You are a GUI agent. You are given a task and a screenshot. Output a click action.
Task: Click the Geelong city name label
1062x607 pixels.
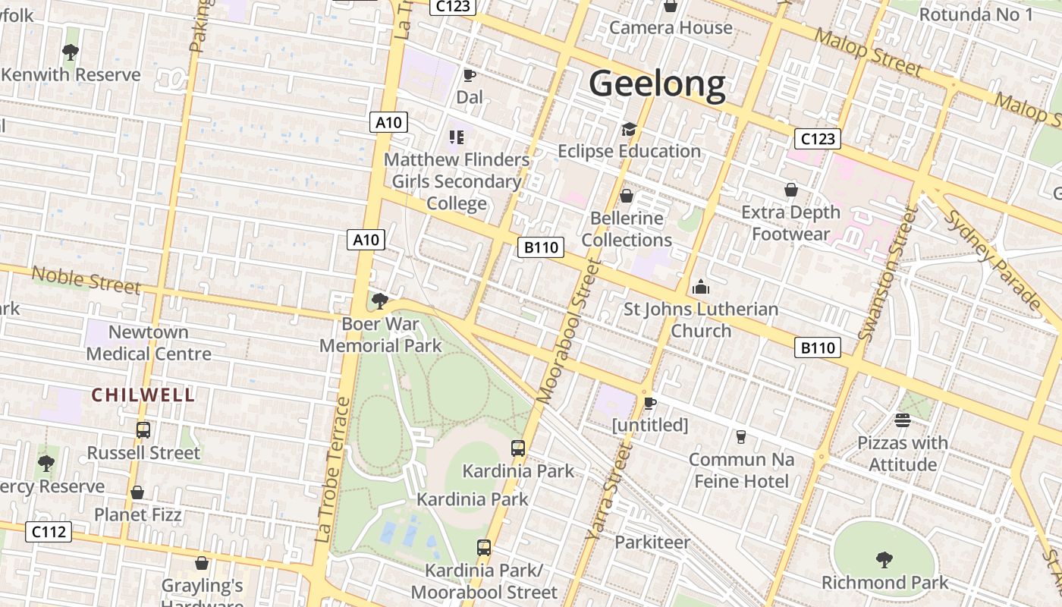(x=657, y=83)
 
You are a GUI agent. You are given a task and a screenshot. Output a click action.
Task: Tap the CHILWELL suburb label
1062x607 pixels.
(x=143, y=395)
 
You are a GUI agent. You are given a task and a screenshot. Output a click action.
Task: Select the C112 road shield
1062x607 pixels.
(x=49, y=532)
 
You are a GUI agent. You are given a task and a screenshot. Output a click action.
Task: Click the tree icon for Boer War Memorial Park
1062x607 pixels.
(x=380, y=301)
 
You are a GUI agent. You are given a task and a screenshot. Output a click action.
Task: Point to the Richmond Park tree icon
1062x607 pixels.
(x=884, y=560)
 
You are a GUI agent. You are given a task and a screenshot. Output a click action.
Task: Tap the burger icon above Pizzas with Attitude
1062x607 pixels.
(x=902, y=420)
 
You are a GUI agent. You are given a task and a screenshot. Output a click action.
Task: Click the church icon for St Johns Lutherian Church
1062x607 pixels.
(x=701, y=287)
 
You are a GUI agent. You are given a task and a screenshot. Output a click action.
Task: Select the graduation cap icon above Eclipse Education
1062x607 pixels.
(x=629, y=129)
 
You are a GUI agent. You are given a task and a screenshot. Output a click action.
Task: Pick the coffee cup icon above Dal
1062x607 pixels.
(x=470, y=75)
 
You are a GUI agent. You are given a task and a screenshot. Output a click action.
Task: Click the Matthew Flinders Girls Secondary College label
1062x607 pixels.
(x=457, y=181)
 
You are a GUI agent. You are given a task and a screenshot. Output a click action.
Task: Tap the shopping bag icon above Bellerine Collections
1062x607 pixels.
(x=627, y=197)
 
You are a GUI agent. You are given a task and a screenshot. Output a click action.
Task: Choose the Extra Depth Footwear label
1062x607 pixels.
(x=791, y=222)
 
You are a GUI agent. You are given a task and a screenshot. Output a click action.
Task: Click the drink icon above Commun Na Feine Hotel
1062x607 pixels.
(x=741, y=436)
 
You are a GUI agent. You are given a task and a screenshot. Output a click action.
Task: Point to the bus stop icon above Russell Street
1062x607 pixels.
(x=143, y=430)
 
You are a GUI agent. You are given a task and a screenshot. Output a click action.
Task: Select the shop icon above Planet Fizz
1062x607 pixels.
(x=137, y=492)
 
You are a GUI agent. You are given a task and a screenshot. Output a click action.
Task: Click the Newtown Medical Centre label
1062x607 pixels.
(x=149, y=343)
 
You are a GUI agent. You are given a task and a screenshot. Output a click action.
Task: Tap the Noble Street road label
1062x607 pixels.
(x=86, y=279)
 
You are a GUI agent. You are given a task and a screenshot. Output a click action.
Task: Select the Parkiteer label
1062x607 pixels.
(x=652, y=542)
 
